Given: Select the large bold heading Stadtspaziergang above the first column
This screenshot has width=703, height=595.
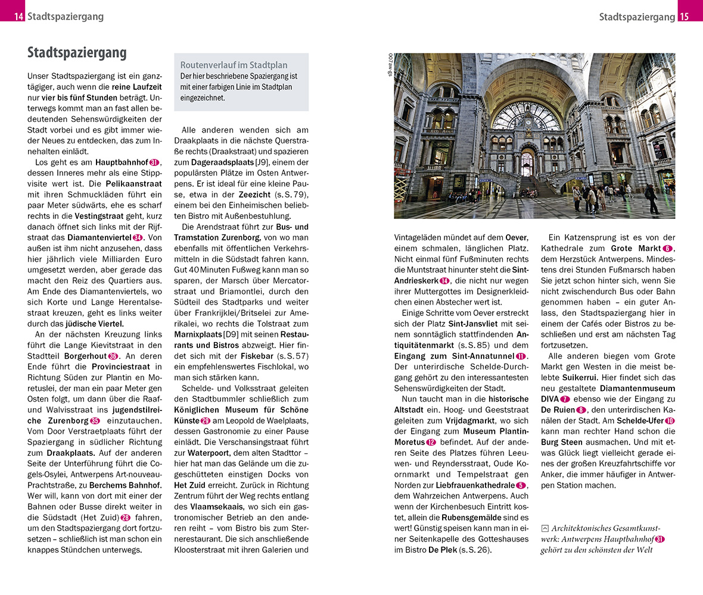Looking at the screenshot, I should point(77,53).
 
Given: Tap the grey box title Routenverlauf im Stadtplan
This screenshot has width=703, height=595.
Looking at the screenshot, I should point(234,65).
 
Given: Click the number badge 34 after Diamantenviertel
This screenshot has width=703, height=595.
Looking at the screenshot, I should point(138,238).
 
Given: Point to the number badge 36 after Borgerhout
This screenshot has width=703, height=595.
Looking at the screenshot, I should point(113,356).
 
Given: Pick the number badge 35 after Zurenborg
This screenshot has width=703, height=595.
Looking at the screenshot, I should point(95,421).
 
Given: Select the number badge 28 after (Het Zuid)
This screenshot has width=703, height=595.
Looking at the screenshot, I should point(125,517).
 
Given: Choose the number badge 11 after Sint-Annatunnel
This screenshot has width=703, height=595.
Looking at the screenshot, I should point(521,356).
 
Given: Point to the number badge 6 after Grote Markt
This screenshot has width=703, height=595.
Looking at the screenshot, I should point(667,248).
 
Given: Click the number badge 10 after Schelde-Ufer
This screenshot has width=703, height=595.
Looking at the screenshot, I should point(670,421).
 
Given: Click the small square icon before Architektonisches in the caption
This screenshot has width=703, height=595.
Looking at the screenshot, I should point(545,528).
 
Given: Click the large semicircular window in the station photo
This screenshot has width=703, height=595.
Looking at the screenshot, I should point(527,115).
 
